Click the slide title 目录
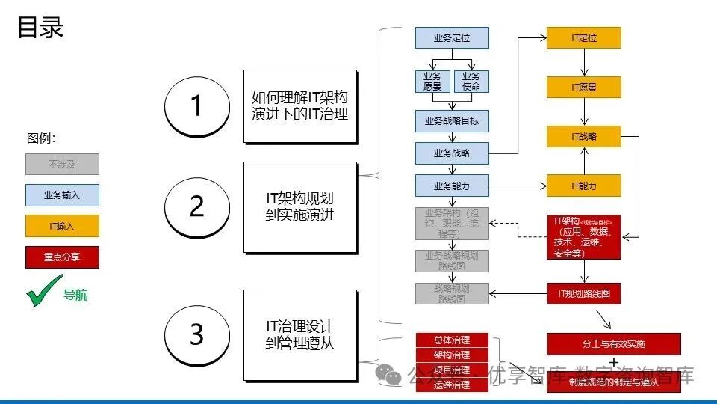40,28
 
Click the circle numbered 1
196,105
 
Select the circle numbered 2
196,206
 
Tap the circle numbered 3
196,334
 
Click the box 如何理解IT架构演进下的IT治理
299,106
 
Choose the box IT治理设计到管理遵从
299,335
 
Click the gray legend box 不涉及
62,164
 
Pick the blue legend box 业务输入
62,195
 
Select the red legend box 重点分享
62,257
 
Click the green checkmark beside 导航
45,290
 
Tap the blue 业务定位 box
452,38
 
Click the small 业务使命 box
471,81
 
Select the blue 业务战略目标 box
452,120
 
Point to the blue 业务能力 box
452,185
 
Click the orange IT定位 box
584,38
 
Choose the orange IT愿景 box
584,87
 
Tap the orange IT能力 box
584,185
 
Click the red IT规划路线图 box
584,293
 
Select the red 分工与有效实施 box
613,344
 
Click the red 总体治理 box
452,340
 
